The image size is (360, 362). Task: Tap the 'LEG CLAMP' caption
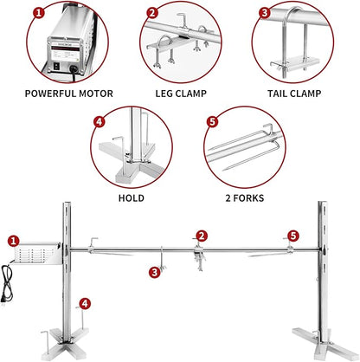180,93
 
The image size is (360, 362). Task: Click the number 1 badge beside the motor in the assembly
12,240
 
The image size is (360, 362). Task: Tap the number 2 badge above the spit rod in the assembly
201,235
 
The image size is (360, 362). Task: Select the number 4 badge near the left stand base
83,303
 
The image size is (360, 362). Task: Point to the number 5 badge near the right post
293,235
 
